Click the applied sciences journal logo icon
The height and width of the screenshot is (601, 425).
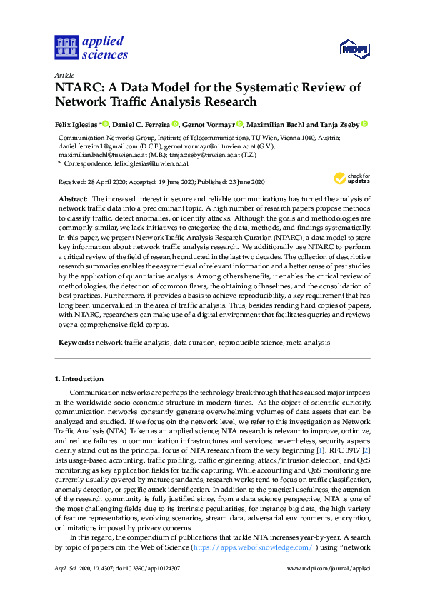coord(66,47)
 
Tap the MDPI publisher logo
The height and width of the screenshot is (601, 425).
coord(352,49)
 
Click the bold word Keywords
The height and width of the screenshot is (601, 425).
coord(75,343)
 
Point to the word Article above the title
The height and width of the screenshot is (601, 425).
coord(64,75)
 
